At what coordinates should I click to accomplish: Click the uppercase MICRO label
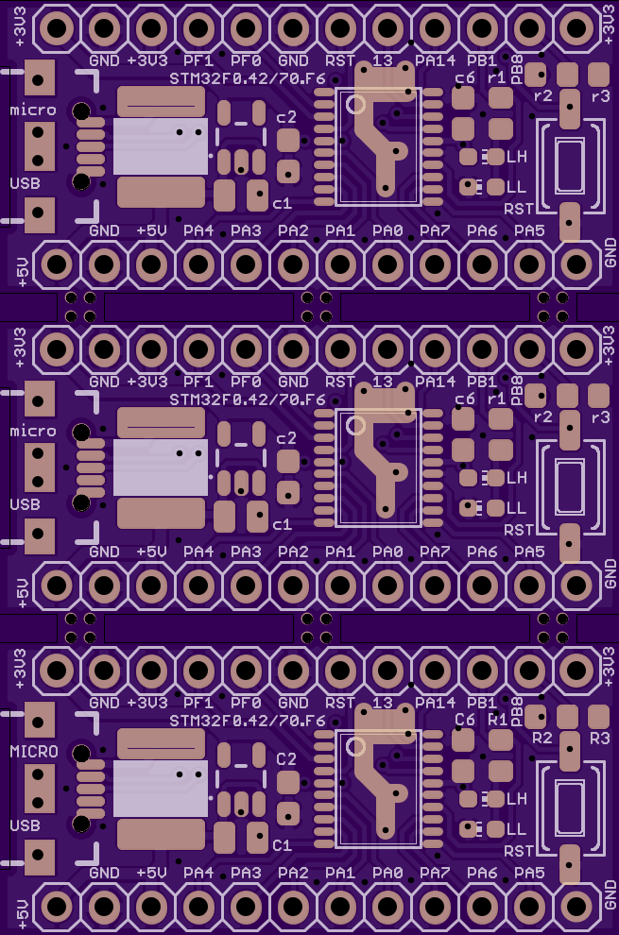pyautogui.click(x=34, y=752)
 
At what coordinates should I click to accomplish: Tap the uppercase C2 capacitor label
pyautogui.click(x=286, y=758)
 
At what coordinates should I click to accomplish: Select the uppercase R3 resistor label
pyautogui.click(x=600, y=739)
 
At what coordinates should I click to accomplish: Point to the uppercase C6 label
pyautogui.click(x=464, y=719)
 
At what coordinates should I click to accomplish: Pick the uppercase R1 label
pyautogui.click(x=497, y=719)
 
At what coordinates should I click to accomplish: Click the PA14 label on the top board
pyautogui.click(x=435, y=60)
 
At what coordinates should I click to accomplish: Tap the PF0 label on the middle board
pyautogui.click(x=246, y=381)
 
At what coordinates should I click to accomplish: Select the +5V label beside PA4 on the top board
pyautogui.click(x=151, y=230)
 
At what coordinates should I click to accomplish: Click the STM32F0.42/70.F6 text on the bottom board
pyautogui.click(x=248, y=721)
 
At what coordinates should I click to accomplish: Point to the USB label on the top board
pyautogui.click(x=26, y=183)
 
